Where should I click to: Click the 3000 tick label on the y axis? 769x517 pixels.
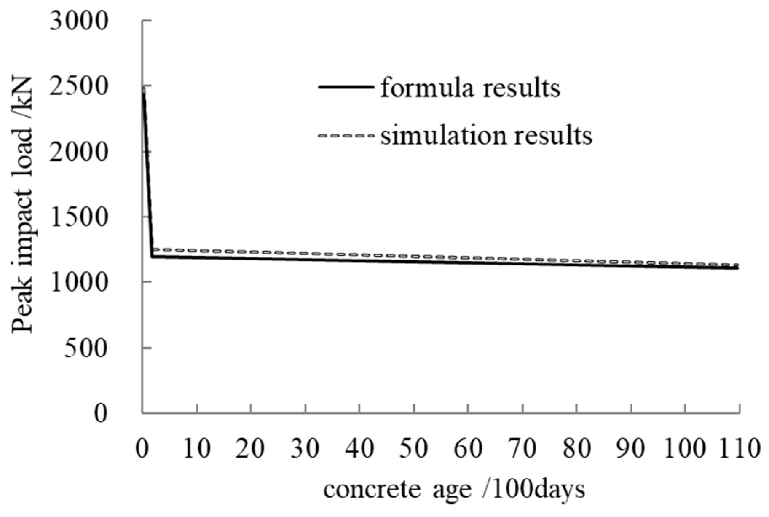coord(79,21)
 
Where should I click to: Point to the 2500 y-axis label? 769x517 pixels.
coord(79,86)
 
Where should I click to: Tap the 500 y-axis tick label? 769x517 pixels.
coord(86,348)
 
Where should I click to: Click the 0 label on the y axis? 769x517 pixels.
coord(100,413)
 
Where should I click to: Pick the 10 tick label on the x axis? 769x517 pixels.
coord(197,448)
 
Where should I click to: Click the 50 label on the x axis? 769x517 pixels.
coord(414,448)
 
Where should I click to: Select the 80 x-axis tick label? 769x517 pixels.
coord(576,448)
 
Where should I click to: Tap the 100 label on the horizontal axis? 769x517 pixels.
coord(685,448)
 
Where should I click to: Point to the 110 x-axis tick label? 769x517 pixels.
coord(739,448)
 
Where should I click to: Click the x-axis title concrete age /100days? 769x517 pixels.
coord(454,490)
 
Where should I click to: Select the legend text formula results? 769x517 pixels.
coord(470,88)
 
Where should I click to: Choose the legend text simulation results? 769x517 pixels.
coord(486,136)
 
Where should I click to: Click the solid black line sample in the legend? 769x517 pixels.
coord(346,87)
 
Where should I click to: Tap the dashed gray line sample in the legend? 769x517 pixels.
coord(346,136)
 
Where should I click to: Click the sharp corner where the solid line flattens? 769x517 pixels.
coord(152,256)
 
